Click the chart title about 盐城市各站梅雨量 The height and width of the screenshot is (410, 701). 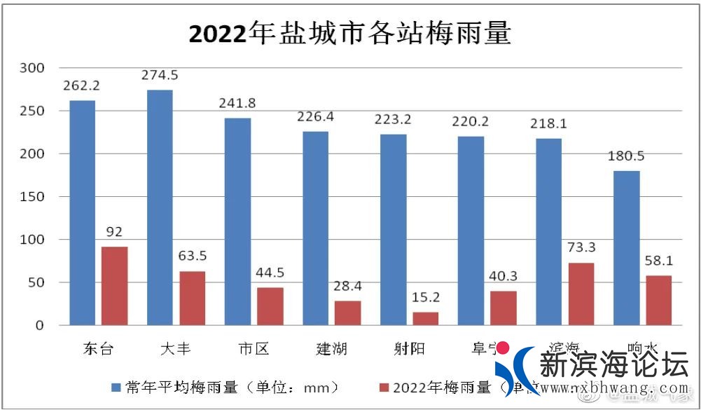(x=350, y=33)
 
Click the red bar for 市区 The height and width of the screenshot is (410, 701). (x=270, y=306)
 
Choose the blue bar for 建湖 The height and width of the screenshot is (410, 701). (x=315, y=228)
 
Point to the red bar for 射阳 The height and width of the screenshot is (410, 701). (x=425, y=319)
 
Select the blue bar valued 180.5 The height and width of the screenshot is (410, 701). (x=627, y=248)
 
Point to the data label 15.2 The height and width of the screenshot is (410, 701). (x=426, y=298)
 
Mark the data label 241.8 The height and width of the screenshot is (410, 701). (x=237, y=103)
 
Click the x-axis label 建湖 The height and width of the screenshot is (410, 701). (x=331, y=348)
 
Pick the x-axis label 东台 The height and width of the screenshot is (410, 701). (x=97, y=348)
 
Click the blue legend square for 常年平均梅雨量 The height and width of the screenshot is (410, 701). (x=116, y=388)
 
